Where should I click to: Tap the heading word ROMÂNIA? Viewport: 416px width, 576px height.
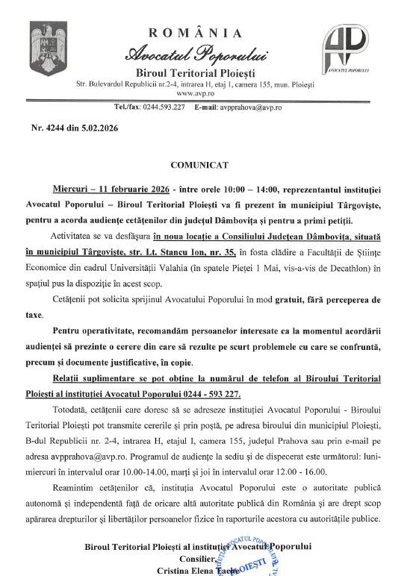coord(196,32)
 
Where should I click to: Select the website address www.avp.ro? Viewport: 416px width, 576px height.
coord(195,95)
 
